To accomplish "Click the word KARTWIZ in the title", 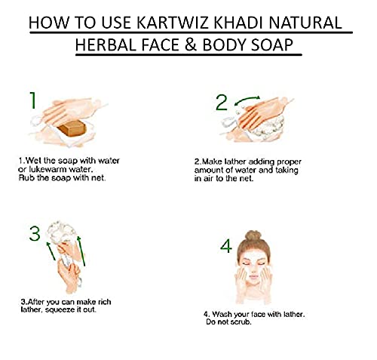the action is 173,23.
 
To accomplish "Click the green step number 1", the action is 33,100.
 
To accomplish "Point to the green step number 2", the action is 222,103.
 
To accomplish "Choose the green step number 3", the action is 35,234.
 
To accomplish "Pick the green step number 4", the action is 226,246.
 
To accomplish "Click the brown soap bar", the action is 72,128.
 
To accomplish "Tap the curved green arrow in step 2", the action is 247,99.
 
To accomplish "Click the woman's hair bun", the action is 253,236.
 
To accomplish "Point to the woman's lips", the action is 253,277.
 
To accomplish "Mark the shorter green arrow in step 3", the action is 51,251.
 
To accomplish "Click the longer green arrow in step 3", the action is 81,251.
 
